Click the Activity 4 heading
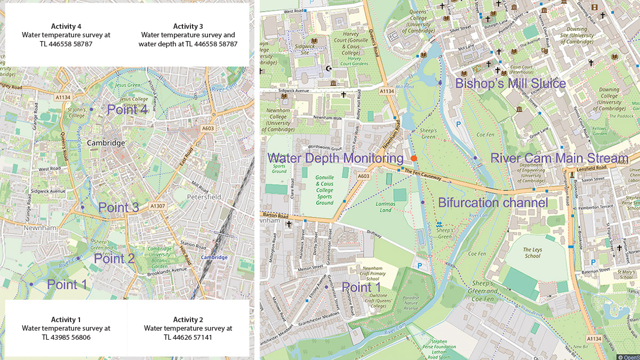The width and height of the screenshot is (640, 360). (x=66, y=26)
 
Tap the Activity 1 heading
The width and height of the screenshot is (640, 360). (x=66, y=319)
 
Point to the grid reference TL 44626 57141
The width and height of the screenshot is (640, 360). (x=188, y=337)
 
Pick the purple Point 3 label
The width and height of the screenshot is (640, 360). (x=118, y=208)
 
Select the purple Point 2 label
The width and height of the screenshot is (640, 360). (x=114, y=259)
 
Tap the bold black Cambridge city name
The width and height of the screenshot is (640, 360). (x=106, y=143)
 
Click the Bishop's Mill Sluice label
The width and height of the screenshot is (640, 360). (x=510, y=84)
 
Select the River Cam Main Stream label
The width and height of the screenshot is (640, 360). (x=559, y=158)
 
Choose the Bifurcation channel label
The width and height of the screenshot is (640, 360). (x=493, y=203)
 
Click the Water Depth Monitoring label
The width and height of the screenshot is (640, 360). (x=335, y=158)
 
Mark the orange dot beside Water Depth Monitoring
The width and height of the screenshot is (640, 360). (x=414, y=158)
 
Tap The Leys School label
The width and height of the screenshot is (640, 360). (x=532, y=252)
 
